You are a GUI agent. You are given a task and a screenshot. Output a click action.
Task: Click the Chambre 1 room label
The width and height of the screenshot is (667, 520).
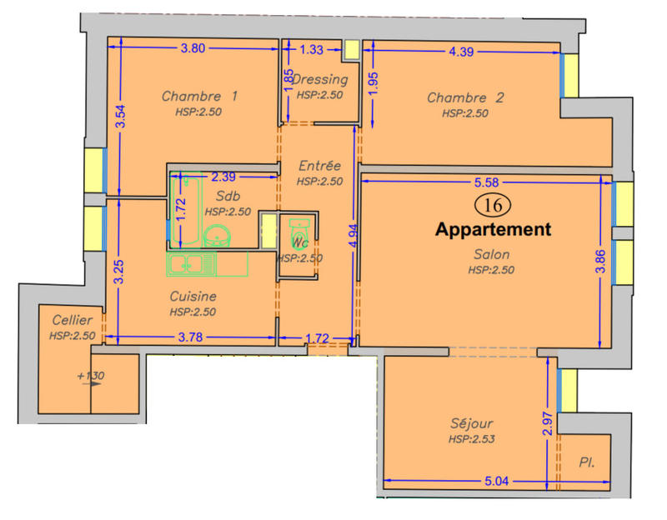199,96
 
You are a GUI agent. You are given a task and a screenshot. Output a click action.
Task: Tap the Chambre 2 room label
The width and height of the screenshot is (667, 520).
465,97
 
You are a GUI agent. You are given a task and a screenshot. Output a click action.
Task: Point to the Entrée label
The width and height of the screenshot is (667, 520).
320,167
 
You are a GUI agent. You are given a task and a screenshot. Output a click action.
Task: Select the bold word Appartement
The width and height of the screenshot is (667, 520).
494,229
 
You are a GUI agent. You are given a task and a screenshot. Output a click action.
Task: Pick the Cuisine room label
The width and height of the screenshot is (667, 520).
193,296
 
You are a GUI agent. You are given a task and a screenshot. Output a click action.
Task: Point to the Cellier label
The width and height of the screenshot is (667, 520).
72,321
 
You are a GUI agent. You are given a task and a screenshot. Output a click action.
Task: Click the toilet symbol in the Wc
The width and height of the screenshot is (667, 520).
298,232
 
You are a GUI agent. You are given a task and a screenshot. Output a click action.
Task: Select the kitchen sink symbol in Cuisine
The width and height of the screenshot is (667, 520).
190,264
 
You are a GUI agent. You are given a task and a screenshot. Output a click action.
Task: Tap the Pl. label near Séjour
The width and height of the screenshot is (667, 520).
587,461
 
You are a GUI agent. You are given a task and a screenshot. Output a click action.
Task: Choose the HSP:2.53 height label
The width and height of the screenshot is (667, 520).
472,438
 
